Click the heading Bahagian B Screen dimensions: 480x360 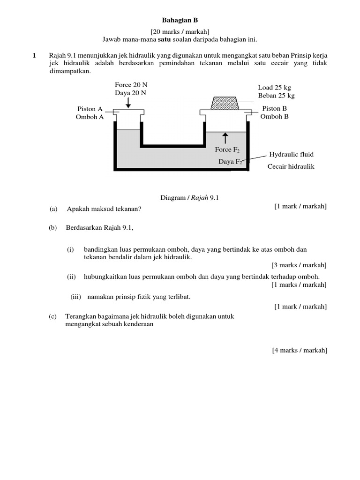(x=180, y=20)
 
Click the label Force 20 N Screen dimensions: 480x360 (x=131, y=85)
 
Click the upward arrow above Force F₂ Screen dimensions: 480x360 (x=225, y=138)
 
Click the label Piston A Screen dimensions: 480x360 (x=90, y=109)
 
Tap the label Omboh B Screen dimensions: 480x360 (x=274, y=117)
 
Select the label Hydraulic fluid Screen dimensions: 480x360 (x=291, y=155)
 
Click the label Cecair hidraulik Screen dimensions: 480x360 (x=291, y=166)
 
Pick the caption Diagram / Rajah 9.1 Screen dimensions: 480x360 (x=189, y=198)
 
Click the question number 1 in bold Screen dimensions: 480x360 (x=34, y=56)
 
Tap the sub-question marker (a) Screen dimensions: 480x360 (x=53, y=209)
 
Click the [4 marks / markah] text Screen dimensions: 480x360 (x=299, y=351)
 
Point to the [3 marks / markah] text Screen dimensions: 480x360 (x=299, y=265)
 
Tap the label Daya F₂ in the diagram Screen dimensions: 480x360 (x=230, y=162)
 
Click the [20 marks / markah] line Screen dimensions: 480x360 (x=180, y=31)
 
